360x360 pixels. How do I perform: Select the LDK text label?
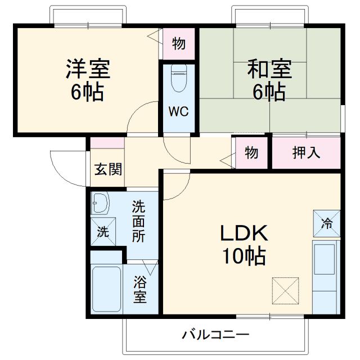[x=243, y=233]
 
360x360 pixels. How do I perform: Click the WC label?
[x=179, y=110]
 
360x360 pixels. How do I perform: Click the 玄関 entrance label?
[x=107, y=169]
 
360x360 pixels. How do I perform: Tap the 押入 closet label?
[x=307, y=153]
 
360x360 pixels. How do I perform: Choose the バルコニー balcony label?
[x=215, y=335]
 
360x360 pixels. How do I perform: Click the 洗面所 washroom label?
[x=139, y=220]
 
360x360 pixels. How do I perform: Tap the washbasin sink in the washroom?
[x=101, y=203]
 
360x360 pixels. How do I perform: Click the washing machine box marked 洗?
[x=102, y=231]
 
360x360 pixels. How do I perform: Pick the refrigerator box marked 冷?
[x=327, y=223]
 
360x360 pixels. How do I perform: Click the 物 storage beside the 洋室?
[x=179, y=44]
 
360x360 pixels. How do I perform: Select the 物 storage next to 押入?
[x=252, y=153]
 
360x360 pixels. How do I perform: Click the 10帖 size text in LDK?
[x=243, y=256]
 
